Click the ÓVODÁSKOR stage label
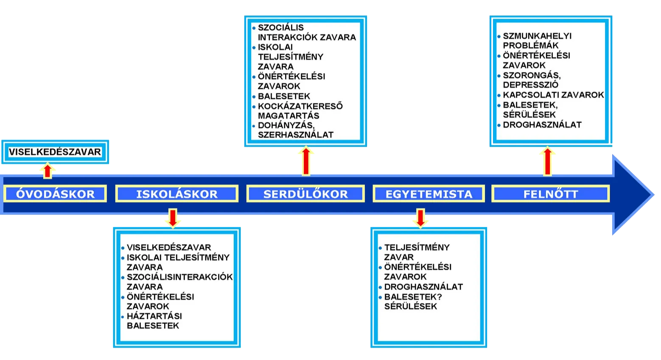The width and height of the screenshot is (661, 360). (55, 194)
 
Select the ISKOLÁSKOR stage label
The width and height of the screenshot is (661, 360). (176, 194)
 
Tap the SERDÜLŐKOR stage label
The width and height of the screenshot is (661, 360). (305, 194)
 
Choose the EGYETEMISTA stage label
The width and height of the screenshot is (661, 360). (429, 194)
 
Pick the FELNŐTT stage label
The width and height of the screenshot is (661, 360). (551, 194)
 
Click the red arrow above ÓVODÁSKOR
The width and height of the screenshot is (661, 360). (48, 170)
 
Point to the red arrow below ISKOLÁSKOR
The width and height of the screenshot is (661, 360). (173, 218)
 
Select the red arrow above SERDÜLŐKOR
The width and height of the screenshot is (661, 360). (306, 161)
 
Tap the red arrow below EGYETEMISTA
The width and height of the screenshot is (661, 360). (420, 218)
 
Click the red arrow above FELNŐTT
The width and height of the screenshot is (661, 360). (548, 161)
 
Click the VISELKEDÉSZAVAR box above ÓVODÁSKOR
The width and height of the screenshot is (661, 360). (55, 152)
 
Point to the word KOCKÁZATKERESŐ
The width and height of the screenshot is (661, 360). (300, 106)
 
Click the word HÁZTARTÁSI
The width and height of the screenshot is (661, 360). (154, 316)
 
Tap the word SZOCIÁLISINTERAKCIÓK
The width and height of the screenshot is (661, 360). (180, 277)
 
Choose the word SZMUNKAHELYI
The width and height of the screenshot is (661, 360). (537, 36)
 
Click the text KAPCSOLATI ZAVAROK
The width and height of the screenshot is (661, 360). (553, 95)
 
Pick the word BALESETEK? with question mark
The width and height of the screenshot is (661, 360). (413, 296)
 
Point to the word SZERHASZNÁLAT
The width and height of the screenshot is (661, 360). (296, 135)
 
